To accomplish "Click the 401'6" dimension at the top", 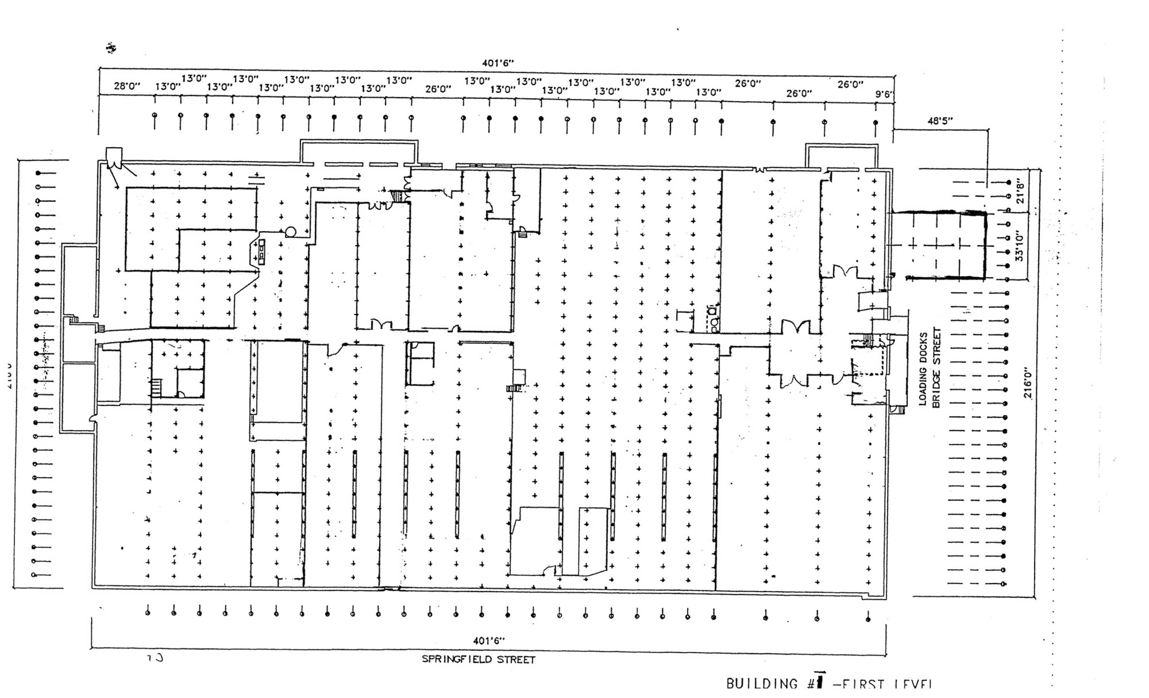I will pos(498,63).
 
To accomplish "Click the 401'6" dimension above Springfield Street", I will pos(489,641).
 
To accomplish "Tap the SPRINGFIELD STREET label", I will pos(478,659).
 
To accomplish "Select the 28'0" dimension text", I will pos(127,86).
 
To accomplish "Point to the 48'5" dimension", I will pos(939,121).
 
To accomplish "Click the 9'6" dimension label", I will pos(884,94).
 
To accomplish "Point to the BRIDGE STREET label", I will pos(936,367).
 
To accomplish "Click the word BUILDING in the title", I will pos(761,684).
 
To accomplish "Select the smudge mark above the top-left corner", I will pos(111,48).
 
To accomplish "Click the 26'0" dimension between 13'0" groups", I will pos(438,89).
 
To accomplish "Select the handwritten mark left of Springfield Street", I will pos(155,658).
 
